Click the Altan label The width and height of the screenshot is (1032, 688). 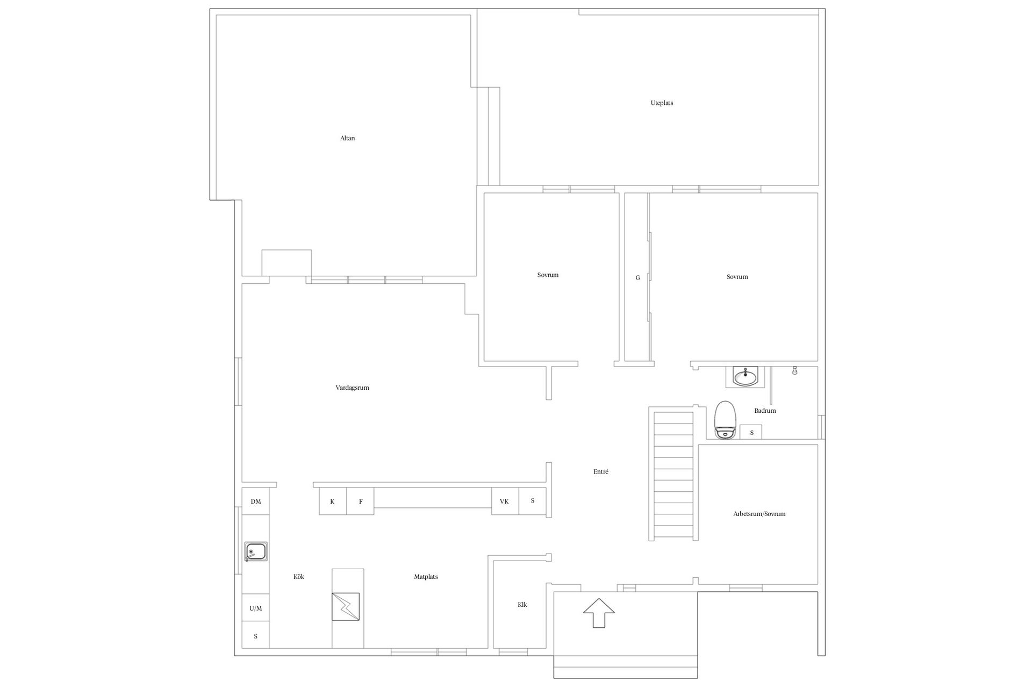click(x=347, y=138)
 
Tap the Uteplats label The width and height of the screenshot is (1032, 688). click(x=662, y=103)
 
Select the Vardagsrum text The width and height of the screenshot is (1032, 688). click(x=352, y=388)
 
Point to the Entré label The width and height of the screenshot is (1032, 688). click(x=601, y=471)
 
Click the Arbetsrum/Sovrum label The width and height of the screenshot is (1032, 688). click(x=759, y=514)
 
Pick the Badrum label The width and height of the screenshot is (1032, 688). click(x=765, y=411)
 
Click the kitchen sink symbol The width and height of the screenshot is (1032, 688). click(x=256, y=551)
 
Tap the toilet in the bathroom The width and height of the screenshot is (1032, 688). click(x=725, y=420)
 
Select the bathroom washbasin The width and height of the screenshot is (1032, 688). click(x=745, y=377)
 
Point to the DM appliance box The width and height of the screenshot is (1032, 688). click(x=256, y=501)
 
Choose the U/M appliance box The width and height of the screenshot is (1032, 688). click(x=256, y=608)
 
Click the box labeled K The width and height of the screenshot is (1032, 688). click(x=333, y=501)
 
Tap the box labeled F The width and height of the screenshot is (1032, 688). click(x=361, y=501)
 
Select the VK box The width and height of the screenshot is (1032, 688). click(x=505, y=501)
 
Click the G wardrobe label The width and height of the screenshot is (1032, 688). click(x=638, y=278)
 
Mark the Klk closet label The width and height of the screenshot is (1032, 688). click(x=522, y=605)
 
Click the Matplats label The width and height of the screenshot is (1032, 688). click(x=426, y=577)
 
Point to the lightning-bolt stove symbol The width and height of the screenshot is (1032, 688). click(x=346, y=607)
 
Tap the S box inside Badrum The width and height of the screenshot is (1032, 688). click(x=751, y=432)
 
